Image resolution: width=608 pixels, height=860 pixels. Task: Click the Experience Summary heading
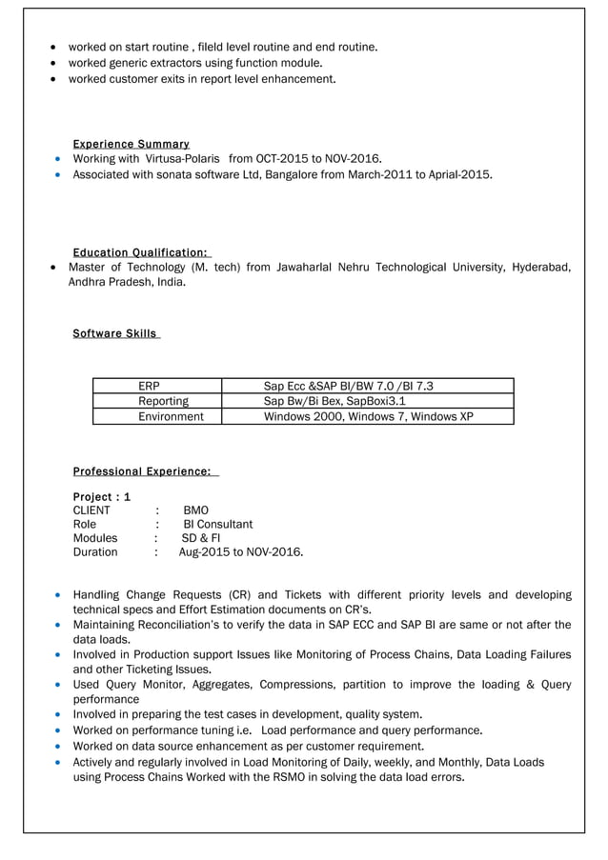tap(131, 144)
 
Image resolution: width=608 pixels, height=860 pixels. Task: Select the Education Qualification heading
tap(141, 252)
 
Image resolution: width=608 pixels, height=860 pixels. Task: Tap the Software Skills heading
tap(115, 333)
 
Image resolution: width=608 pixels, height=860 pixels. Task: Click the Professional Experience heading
tap(145, 471)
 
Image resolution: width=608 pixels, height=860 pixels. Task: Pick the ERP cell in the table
tap(149, 386)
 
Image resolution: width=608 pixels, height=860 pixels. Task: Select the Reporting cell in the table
tap(163, 401)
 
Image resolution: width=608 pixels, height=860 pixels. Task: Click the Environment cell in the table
tap(171, 416)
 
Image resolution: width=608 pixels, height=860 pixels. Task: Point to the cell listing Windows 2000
tap(368, 416)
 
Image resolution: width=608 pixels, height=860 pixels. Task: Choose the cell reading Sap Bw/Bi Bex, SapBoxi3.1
tap(334, 401)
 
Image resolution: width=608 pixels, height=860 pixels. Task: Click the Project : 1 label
tap(102, 496)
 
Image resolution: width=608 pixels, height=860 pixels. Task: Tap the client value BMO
tap(195, 510)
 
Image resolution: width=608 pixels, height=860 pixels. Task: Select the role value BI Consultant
tap(217, 524)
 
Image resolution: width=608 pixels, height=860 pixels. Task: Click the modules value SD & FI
tap(200, 538)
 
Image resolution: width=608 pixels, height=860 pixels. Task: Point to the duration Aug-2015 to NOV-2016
tap(241, 551)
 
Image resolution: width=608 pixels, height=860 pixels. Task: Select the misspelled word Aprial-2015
tap(460, 174)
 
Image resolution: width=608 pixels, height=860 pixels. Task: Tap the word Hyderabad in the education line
tap(540, 268)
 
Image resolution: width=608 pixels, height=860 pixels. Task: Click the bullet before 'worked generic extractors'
tap(55, 63)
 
